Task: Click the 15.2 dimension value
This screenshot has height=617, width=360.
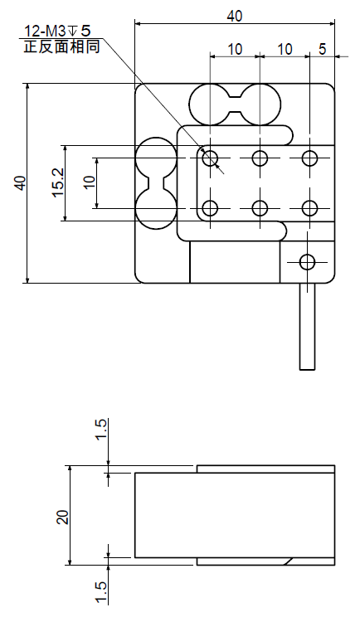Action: (x=58, y=183)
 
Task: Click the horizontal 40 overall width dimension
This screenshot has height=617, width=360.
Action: (x=235, y=16)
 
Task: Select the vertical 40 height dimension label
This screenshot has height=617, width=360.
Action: (x=20, y=183)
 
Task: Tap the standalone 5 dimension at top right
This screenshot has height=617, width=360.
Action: (x=322, y=49)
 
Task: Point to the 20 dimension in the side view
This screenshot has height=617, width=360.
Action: (x=62, y=517)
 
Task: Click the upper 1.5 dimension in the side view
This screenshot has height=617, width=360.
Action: (x=100, y=430)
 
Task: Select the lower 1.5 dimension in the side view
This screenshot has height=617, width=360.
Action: (x=100, y=593)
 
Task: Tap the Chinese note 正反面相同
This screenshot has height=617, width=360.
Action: (x=61, y=46)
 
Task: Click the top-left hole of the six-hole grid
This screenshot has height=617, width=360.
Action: (x=211, y=158)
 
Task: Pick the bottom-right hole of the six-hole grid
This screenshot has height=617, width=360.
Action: (x=310, y=208)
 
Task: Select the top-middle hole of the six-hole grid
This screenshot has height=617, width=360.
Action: (x=260, y=158)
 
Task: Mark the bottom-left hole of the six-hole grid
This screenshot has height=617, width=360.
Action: (x=211, y=208)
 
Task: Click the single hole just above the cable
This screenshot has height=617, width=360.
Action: (x=307, y=262)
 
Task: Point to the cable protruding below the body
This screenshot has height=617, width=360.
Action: (x=307, y=326)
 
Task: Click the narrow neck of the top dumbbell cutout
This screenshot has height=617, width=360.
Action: (x=236, y=104)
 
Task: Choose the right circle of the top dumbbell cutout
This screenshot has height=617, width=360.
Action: (x=260, y=104)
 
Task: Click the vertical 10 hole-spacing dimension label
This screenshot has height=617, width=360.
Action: (x=90, y=182)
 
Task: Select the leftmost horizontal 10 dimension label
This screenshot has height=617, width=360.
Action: (x=235, y=49)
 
